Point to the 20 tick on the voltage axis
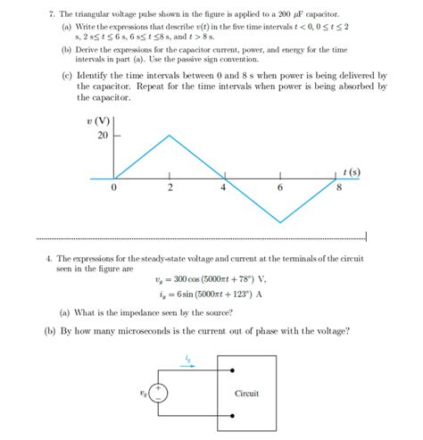[x=101, y=137]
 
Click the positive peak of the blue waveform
[x=170, y=136]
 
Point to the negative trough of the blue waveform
[x=282, y=223]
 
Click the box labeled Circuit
[x=246, y=393]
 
